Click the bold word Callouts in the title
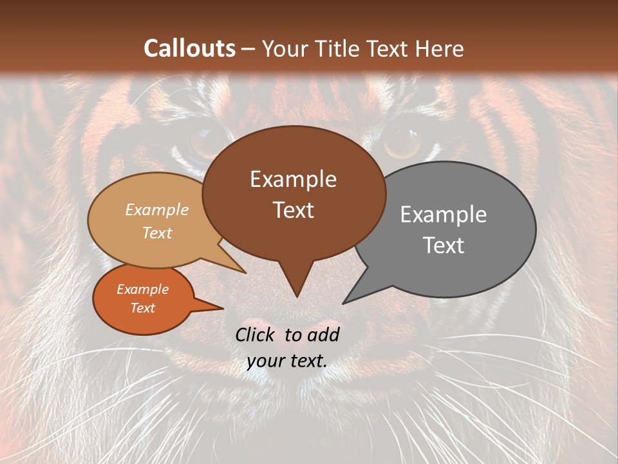click(190, 48)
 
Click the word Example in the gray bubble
click(444, 215)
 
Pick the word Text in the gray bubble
click(444, 246)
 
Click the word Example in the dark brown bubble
click(293, 179)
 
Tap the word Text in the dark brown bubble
click(293, 210)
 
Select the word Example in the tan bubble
click(156, 210)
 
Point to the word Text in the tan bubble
click(156, 233)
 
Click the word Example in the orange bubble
click(142, 289)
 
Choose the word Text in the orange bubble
click(142, 308)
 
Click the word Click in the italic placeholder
click(256, 334)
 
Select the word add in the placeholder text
click(324, 334)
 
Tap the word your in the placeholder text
click(264, 361)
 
